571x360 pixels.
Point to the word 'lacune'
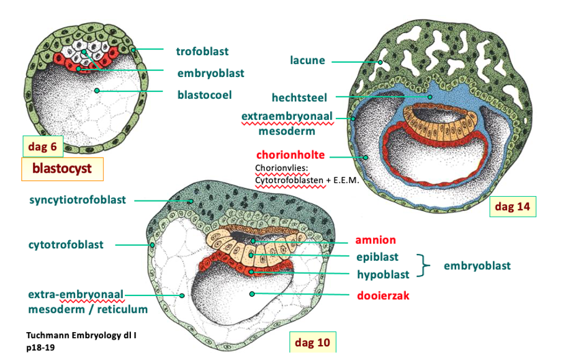pyautogui.click(x=308, y=60)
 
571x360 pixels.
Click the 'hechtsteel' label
pyautogui.click(x=299, y=97)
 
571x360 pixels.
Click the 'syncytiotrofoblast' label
pyautogui.click(x=78, y=200)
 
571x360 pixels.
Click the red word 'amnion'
pyautogui.click(x=375, y=240)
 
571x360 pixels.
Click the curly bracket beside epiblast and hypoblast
pyautogui.click(x=423, y=264)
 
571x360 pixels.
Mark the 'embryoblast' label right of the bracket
pyautogui.click(x=478, y=266)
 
